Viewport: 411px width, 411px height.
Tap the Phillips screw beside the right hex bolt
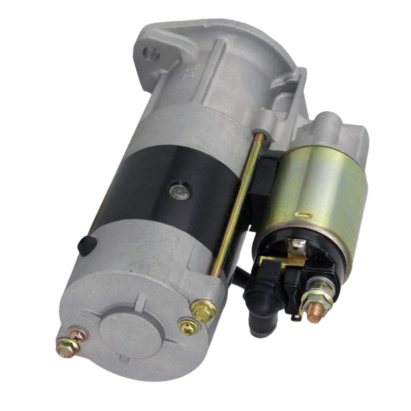tap(188, 327)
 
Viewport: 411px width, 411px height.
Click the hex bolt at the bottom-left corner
tap(67, 345)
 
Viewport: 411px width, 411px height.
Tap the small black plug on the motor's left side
tap(84, 246)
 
